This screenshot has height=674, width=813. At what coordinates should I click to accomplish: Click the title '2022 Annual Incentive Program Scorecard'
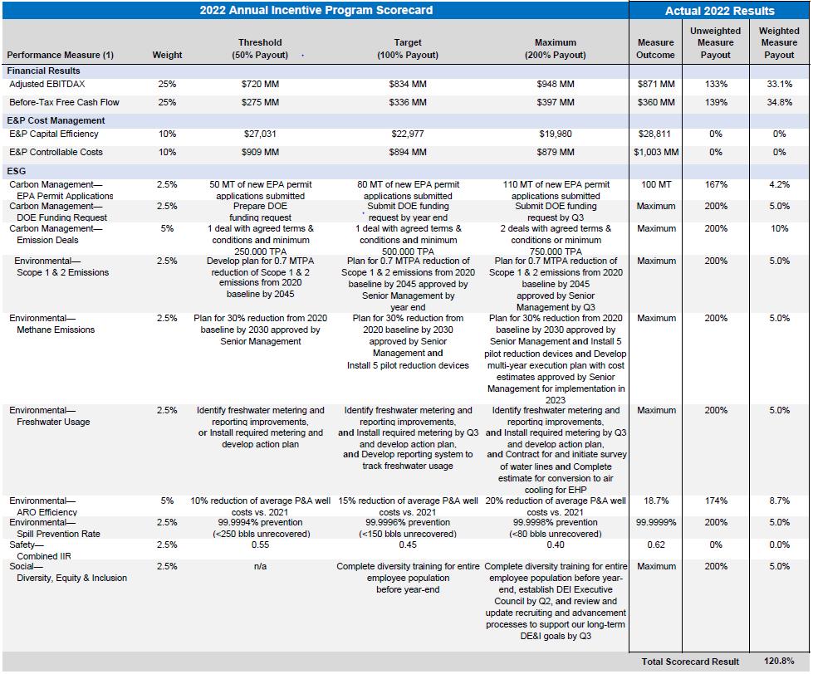(x=316, y=10)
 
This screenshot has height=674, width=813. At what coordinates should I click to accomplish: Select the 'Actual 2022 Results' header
(x=720, y=11)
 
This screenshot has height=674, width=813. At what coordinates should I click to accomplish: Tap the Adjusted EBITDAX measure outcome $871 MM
(x=656, y=84)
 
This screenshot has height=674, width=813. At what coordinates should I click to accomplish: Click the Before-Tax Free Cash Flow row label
(x=64, y=102)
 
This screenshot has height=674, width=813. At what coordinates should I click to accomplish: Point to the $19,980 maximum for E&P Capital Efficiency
(x=556, y=134)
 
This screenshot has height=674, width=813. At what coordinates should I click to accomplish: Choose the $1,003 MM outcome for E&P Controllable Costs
(x=656, y=152)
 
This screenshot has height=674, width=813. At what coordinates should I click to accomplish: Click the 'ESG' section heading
(x=16, y=171)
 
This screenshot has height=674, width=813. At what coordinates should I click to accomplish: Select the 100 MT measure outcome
(x=656, y=184)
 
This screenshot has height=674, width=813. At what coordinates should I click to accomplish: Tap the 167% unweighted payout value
(x=716, y=184)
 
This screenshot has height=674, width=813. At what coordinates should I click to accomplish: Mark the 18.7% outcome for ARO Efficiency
(x=656, y=501)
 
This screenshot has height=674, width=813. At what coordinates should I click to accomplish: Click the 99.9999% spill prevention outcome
(x=656, y=522)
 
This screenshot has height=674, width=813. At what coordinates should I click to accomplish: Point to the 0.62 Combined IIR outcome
(x=656, y=545)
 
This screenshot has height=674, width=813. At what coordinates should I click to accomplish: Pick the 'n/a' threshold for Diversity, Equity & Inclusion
(x=260, y=566)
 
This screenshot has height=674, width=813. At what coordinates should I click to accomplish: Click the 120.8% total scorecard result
(x=779, y=661)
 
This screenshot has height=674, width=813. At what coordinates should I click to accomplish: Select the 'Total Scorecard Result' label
(x=690, y=662)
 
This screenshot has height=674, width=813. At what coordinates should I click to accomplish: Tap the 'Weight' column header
(x=167, y=55)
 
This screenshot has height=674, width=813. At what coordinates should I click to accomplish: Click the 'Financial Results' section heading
(x=43, y=71)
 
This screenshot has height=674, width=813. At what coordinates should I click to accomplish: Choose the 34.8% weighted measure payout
(x=779, y=102)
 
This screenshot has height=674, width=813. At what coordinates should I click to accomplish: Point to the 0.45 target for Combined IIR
(x=408, y=545)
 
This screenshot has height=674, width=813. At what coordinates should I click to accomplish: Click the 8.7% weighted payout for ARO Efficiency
(x=779, y=501)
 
